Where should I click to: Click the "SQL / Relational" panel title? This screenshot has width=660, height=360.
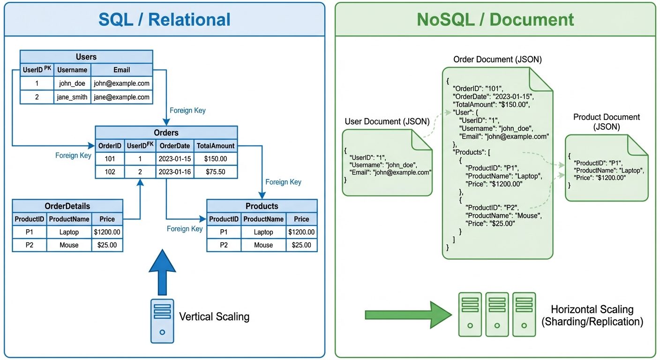click(164, 20)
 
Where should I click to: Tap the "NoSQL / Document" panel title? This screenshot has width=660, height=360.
click(495, 20)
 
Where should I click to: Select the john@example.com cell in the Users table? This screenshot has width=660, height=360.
click(121, 83)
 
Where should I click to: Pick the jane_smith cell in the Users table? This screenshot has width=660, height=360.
click(73, 97)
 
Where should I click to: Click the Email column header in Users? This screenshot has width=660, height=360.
click(121, 70)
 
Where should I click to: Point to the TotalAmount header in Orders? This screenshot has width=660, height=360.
click(215, 146)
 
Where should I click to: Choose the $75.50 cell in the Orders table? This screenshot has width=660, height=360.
click(215, 172)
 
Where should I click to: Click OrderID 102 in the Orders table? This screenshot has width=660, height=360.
click(110, 172)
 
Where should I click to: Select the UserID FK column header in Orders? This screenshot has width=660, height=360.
click(140, 146)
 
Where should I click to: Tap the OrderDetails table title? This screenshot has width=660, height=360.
click(67, 206)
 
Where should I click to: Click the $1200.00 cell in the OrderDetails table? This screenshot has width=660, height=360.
click(107, 232)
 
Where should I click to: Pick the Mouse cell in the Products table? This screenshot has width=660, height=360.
click(263, 245)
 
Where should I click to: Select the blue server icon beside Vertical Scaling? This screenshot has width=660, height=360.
click(162, 321)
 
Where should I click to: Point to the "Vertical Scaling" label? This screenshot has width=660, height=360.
click(214, 316)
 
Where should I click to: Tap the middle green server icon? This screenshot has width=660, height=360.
click(497, 314)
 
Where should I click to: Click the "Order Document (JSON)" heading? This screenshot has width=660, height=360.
click(497, 60)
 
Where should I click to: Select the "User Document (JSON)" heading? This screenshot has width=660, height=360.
click(387, 121)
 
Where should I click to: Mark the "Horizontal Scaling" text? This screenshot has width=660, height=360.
click(592, 309)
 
